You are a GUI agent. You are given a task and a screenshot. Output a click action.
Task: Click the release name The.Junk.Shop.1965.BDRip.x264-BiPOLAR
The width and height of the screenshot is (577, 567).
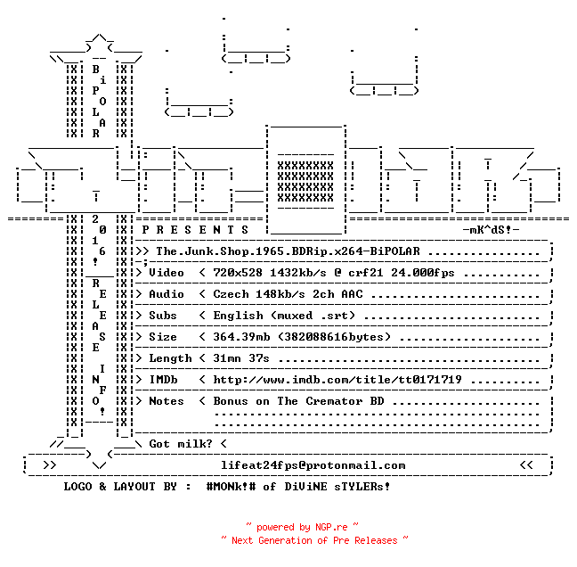click(288, 251)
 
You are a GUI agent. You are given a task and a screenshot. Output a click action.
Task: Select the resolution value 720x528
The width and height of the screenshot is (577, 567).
click(238, 273)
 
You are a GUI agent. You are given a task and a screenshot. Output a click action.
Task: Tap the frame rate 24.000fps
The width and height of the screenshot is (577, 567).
click(423, 273)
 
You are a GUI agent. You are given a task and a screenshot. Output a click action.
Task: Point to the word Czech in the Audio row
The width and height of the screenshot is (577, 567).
click(232, 294)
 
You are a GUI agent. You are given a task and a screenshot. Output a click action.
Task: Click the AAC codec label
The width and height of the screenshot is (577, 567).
click(352, 294)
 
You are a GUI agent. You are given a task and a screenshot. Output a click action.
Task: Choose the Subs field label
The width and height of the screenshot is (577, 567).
click(163, 316)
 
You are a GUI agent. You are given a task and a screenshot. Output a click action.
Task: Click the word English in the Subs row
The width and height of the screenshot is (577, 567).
click(238, 316)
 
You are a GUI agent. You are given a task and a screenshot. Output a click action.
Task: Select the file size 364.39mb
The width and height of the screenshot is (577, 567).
click(241, 337)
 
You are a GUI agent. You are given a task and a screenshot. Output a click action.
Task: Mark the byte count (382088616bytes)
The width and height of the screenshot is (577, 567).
click(334, 337)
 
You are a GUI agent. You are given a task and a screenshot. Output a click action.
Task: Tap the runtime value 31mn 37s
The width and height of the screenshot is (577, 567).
click(241, 358)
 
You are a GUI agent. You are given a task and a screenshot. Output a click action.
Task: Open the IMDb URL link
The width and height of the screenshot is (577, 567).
click(337, 380)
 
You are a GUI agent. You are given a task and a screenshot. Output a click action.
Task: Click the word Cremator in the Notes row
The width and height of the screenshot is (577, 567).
click(334, 401)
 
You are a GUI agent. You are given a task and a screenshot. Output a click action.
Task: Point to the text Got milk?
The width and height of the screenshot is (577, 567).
click(181, 444)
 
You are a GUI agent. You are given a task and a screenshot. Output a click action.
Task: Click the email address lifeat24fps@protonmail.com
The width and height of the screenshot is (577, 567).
click(313, 465)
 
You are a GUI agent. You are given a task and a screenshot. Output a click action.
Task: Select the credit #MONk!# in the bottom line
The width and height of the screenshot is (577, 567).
click(232, 487)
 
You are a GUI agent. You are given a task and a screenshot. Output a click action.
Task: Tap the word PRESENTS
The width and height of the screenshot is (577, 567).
click(195, 230)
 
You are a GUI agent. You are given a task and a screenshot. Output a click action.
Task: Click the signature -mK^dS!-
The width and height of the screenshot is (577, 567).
click(491, 230)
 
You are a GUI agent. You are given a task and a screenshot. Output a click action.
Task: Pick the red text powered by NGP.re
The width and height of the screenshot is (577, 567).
click(302, 527)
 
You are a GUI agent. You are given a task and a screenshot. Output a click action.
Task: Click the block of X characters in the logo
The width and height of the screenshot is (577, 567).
click(305, 182)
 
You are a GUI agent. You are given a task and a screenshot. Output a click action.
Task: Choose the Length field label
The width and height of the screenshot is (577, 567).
click(170, 358)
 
